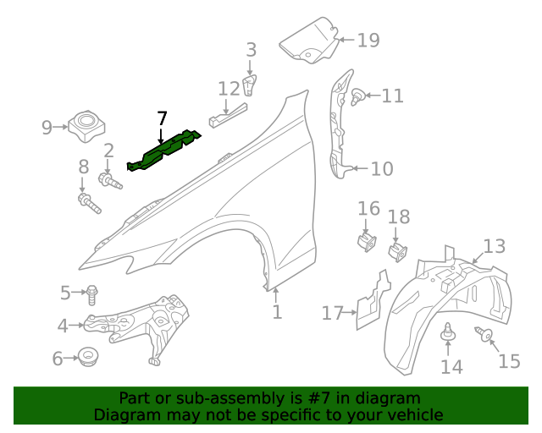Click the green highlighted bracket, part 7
click(166, 152)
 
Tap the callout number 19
click(368, 40)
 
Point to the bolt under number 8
click(88, 203)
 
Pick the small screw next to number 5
click(92, 294)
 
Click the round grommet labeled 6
click(86, 357)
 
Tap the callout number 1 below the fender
click(276, 313)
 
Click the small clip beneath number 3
click(251, 85)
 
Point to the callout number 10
click(382, 169)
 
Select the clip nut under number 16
click(367, 242)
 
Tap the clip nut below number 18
click(397, 250)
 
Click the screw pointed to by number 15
click(486, 336)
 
